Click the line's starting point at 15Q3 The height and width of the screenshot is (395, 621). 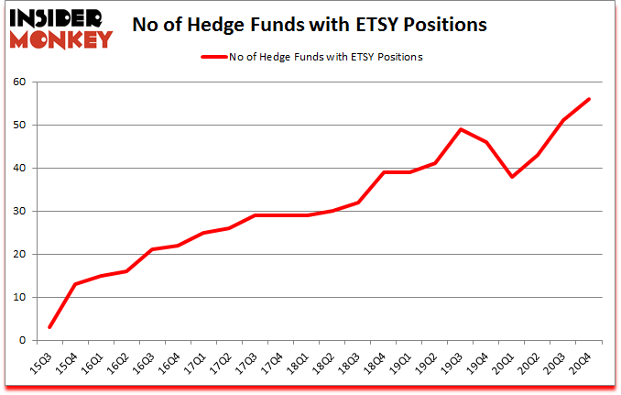click(x=49, y=327)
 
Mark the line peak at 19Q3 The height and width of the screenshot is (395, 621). click(x=461, y=129)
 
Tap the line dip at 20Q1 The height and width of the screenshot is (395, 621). click(x=512, y=177)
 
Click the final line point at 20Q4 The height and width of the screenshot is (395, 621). click(x=589, y=99)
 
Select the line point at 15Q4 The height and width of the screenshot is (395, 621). click(x=75, y=284)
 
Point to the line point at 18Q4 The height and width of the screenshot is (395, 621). click(x=384, y=172)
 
